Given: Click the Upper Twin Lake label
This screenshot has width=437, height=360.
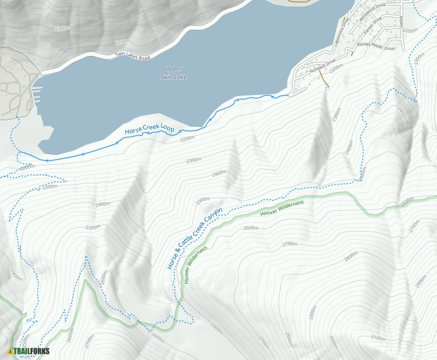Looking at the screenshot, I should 173,72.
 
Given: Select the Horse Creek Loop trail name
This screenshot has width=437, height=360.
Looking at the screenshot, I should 150,128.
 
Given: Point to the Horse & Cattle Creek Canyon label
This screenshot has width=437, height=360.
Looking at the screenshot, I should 195,238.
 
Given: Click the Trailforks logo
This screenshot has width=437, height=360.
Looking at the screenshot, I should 29,351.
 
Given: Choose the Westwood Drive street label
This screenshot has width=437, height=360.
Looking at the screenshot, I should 373,12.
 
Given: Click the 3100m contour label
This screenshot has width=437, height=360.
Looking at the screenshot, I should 377,338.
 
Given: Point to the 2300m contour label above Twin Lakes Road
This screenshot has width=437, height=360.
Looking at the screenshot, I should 62,29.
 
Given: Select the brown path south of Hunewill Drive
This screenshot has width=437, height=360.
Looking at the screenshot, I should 324,80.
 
